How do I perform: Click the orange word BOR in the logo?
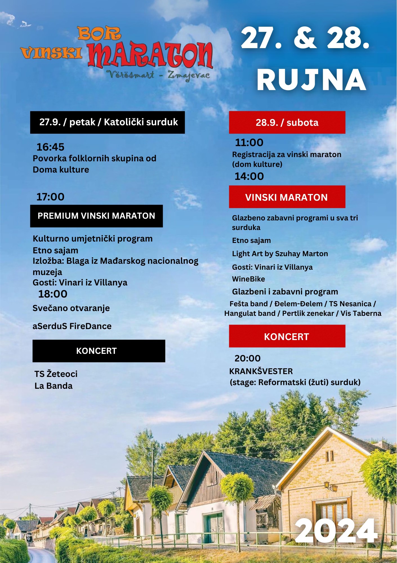click(x=99, y=34)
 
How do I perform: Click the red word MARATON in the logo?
click(x=150, y=55)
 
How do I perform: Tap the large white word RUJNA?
click(x=311, y=80)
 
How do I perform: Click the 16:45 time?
click(x=50, y=147)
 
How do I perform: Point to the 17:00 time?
click(x=50, y=197)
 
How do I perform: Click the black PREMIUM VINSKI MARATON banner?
click(x=96, y=216)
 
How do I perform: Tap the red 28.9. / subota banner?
click(x=287, y=122)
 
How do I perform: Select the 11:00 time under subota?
click(x=249, y=142)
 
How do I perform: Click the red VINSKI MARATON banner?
click(x=287, y=197)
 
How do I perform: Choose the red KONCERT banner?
click(x=287, y=336)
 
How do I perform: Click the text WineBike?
click(x=248, y=279)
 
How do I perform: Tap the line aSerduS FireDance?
click(x=72, y=326)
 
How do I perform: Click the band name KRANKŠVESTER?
click(x=261, y=371)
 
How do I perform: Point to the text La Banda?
click(x=53, y=386)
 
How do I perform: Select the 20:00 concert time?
click(x=247, y=358)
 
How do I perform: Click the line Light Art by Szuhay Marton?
click(x=280, y=254)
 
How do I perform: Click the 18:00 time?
click(x=53, y=294)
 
